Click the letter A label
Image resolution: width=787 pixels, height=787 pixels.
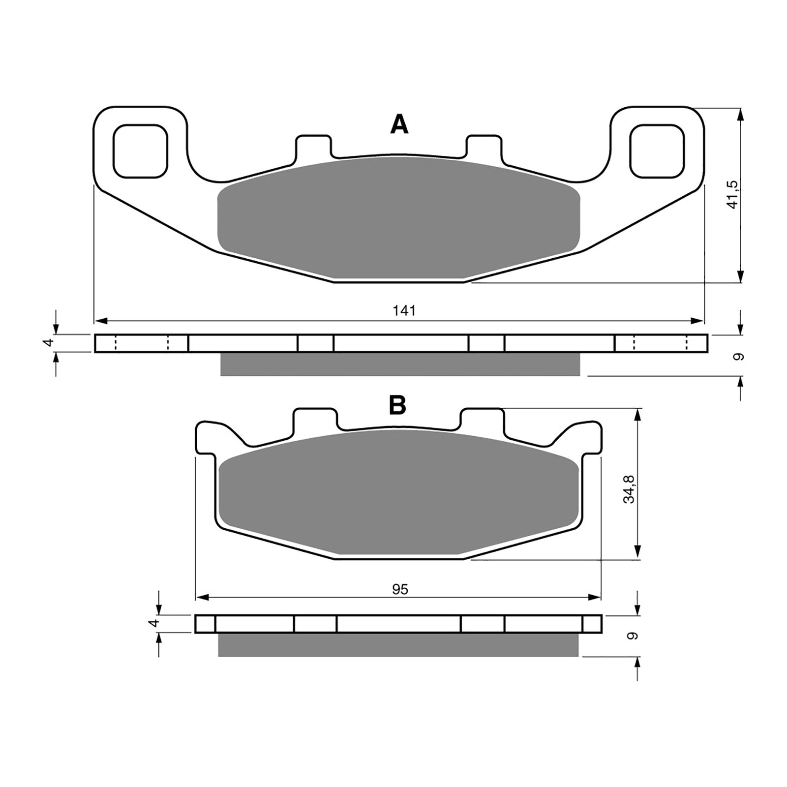tap(399, 124)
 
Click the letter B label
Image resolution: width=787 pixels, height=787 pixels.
tap(397, 405)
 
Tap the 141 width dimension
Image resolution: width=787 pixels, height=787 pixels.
tap(404, 311)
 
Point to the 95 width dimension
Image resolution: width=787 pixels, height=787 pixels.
tap(400, 589)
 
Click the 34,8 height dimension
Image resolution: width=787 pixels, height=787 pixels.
tap(629, 489)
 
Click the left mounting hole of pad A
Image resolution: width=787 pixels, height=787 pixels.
tap(140, 151)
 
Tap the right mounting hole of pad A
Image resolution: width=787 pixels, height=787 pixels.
tap(657, 151)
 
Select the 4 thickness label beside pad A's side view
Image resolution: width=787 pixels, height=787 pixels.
tap(48, 343)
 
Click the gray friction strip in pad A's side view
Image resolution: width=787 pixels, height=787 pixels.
tap(400, 364)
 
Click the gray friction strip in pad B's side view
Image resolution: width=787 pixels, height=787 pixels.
tap(398, 645)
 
